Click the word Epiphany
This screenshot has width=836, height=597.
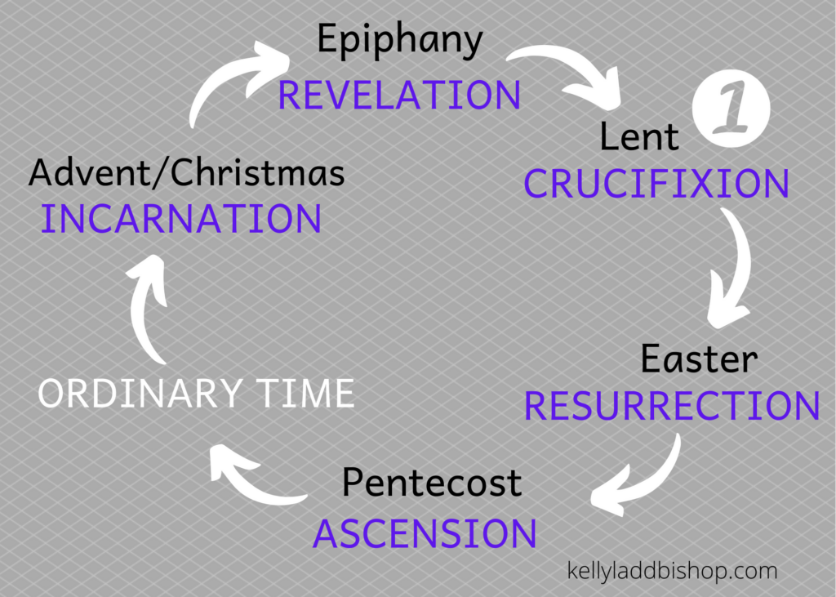(399, 42)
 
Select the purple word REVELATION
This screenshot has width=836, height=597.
(399, 96)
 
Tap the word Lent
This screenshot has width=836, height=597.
(639, 136)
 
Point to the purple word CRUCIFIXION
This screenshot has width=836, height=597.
(656, 185)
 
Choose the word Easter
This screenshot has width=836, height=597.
(699, 359)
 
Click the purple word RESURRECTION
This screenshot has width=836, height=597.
(672, 406)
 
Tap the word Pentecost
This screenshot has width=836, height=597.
(431, 483)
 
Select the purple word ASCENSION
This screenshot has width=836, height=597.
(425, 534)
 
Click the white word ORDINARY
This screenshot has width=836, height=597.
(140, 394)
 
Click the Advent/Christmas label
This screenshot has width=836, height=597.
(187, 173)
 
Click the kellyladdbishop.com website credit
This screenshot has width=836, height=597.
(672, 571)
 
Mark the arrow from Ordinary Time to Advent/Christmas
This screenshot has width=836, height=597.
(147, 311)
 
